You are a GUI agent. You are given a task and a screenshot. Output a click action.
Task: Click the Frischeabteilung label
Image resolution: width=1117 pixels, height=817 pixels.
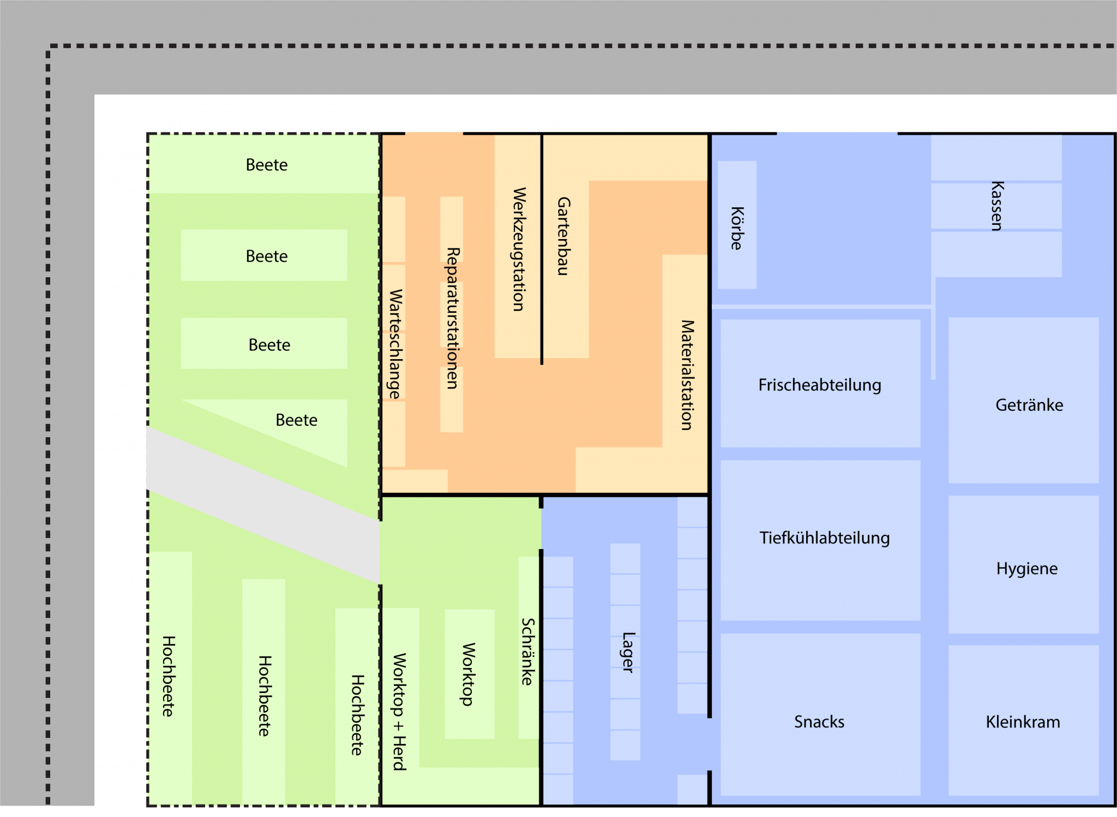click(819, 385)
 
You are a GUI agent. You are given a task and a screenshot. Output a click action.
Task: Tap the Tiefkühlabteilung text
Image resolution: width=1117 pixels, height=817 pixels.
click(824, 538)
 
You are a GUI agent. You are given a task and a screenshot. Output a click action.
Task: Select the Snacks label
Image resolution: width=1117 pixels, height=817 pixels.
click(819, 721)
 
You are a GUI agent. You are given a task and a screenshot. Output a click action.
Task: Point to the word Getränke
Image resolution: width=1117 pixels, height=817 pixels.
click(1029, 405)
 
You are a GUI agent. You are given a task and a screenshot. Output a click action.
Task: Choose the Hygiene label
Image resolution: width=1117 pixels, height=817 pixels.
click(1026, 569)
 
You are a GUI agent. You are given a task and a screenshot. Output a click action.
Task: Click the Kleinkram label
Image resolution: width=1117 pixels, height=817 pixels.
click(1023, 722)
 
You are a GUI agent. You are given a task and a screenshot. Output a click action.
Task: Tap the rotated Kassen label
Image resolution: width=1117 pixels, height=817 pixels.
click(997, 206)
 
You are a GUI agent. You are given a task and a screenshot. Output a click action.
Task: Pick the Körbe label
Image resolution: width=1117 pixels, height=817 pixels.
click(737, 228)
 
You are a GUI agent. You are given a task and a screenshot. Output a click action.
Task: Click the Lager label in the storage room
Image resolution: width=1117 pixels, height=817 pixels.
click(628, 652)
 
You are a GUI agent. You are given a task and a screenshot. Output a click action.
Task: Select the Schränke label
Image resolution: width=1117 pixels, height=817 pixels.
click(527, 651)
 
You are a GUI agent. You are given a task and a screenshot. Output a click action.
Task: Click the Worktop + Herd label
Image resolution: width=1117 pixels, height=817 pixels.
click(399, 711)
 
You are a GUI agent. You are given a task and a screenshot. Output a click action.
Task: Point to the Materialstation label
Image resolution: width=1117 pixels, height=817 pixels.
click(687, 375)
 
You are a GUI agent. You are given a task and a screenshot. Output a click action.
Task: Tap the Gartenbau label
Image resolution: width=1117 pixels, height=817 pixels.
click(563, 236)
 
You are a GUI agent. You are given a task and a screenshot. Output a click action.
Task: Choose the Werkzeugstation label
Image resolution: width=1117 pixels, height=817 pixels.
click(519, 249)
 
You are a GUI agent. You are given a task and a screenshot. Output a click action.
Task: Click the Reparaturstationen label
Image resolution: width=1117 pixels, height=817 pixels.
click(453, 318)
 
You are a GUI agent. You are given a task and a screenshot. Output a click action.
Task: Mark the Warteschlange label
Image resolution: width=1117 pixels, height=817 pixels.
click(395, 344)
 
